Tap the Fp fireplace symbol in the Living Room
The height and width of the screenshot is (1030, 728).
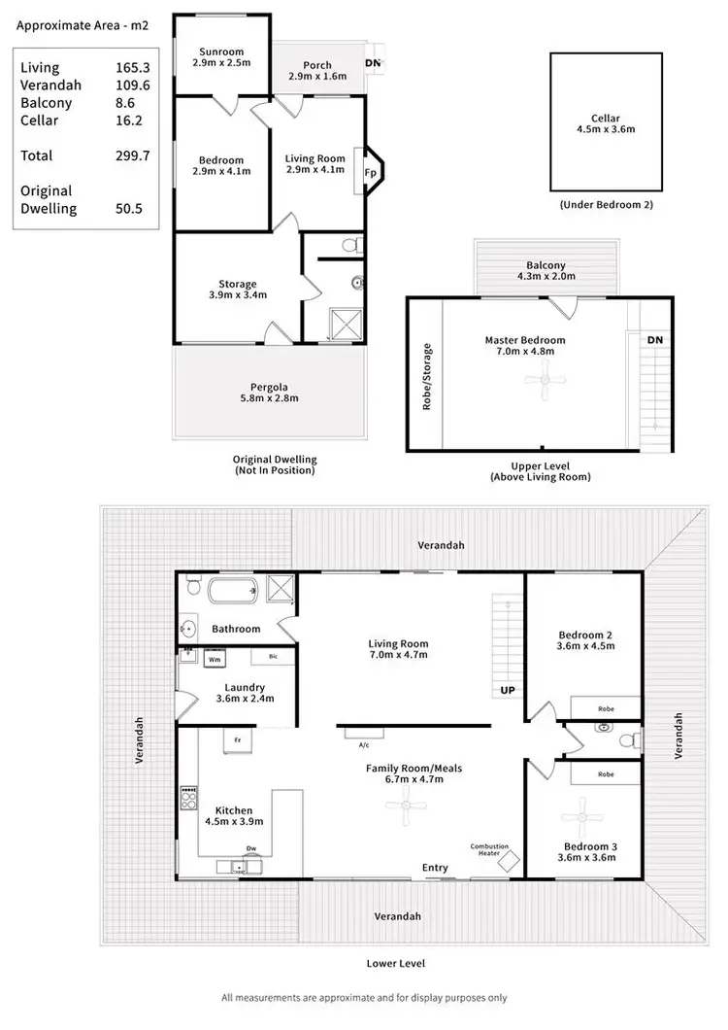[x=370, y=172]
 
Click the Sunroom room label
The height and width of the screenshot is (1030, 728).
[x=221, y=51]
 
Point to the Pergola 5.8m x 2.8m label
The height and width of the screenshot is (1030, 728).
[x=270, y=392]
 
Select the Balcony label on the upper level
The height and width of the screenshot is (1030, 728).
[x=546, y=264]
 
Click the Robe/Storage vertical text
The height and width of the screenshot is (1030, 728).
[x=426, y=376]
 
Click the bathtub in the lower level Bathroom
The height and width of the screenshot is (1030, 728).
[x=221, y=589]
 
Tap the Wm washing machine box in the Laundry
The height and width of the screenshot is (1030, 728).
[x=215, y=660]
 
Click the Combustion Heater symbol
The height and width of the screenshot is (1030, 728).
[x=508, y=859]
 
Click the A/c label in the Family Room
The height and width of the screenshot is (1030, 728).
[x=364, y=745]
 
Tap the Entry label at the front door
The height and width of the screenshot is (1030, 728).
[x=435, y=867]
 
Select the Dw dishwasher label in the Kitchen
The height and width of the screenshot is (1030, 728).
[x=250, y=847]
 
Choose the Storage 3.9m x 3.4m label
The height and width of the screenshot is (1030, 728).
[x=237, y=290]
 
